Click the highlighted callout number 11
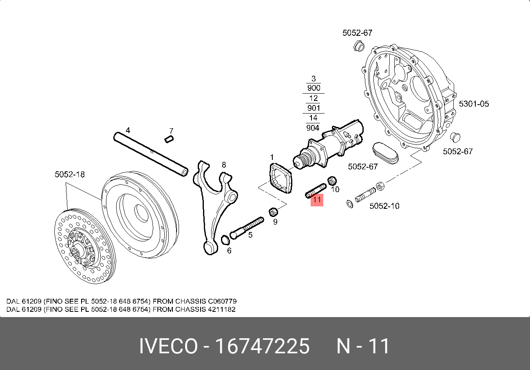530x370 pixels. (x=317, y=200)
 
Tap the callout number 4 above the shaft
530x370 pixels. (x=128, y=131)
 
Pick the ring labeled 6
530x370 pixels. (x=225, y=241)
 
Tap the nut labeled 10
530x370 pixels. (x=332, y=180)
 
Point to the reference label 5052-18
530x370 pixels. (x=70, y=174)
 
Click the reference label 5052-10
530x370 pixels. (x=384, y=206)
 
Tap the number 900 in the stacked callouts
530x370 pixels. (x=313, y=88)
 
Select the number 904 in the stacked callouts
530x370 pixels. (x=313, y=128)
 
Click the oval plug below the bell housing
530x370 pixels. (x=385, y=153)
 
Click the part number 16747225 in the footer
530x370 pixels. (x=262, y=347)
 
